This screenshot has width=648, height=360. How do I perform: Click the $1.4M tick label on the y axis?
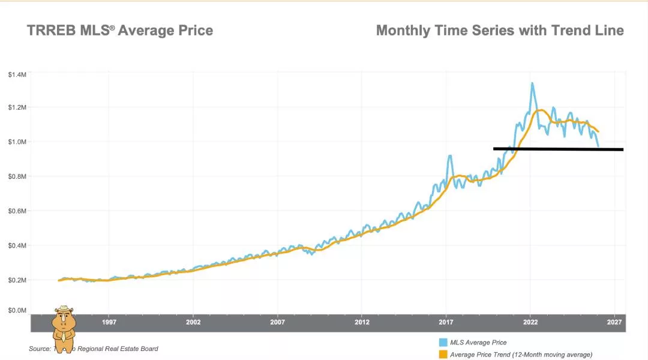pyautogui.click(x=17, y=74)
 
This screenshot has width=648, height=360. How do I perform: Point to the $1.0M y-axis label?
pyautogui.click(x=17, y=142)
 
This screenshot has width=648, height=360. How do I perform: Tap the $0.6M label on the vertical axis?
pyautogui.click(x=17, y=211)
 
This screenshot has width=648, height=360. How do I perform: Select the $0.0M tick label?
pyautogui.click(x=17, y=310)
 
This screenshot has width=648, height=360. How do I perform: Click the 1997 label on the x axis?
pyautogui.click(x=109, y=322)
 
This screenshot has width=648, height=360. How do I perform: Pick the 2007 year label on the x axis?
pyautogui.click(x=277, y=322)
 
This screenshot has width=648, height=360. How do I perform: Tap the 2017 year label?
pyautogui.click(x=446, y=322)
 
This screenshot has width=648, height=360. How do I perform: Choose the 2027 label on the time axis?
pyautogui.click(x=614, y=322)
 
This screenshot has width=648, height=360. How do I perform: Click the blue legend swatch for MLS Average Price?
pyautogui.click(x=443, y=343)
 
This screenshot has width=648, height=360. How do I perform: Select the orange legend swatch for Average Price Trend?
pyautogui.click(x=443, y=355)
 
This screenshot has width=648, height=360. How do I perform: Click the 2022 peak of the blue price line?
pyautogui.click(x=532, y=83)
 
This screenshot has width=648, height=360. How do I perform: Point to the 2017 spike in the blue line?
pyautogui.click(x=449, y=156)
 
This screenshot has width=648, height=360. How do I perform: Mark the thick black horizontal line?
pyautogui.click(x=558, y=149)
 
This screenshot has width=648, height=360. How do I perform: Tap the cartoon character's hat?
pyautogui.click(x=64, y=310)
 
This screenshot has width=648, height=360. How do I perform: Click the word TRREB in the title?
pyautogui.click(x=52, y=30)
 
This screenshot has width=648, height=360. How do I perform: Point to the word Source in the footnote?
pyautogui.click(x=40, y=349)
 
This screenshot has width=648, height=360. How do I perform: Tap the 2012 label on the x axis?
pyautogui.click(x=361, y=322)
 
